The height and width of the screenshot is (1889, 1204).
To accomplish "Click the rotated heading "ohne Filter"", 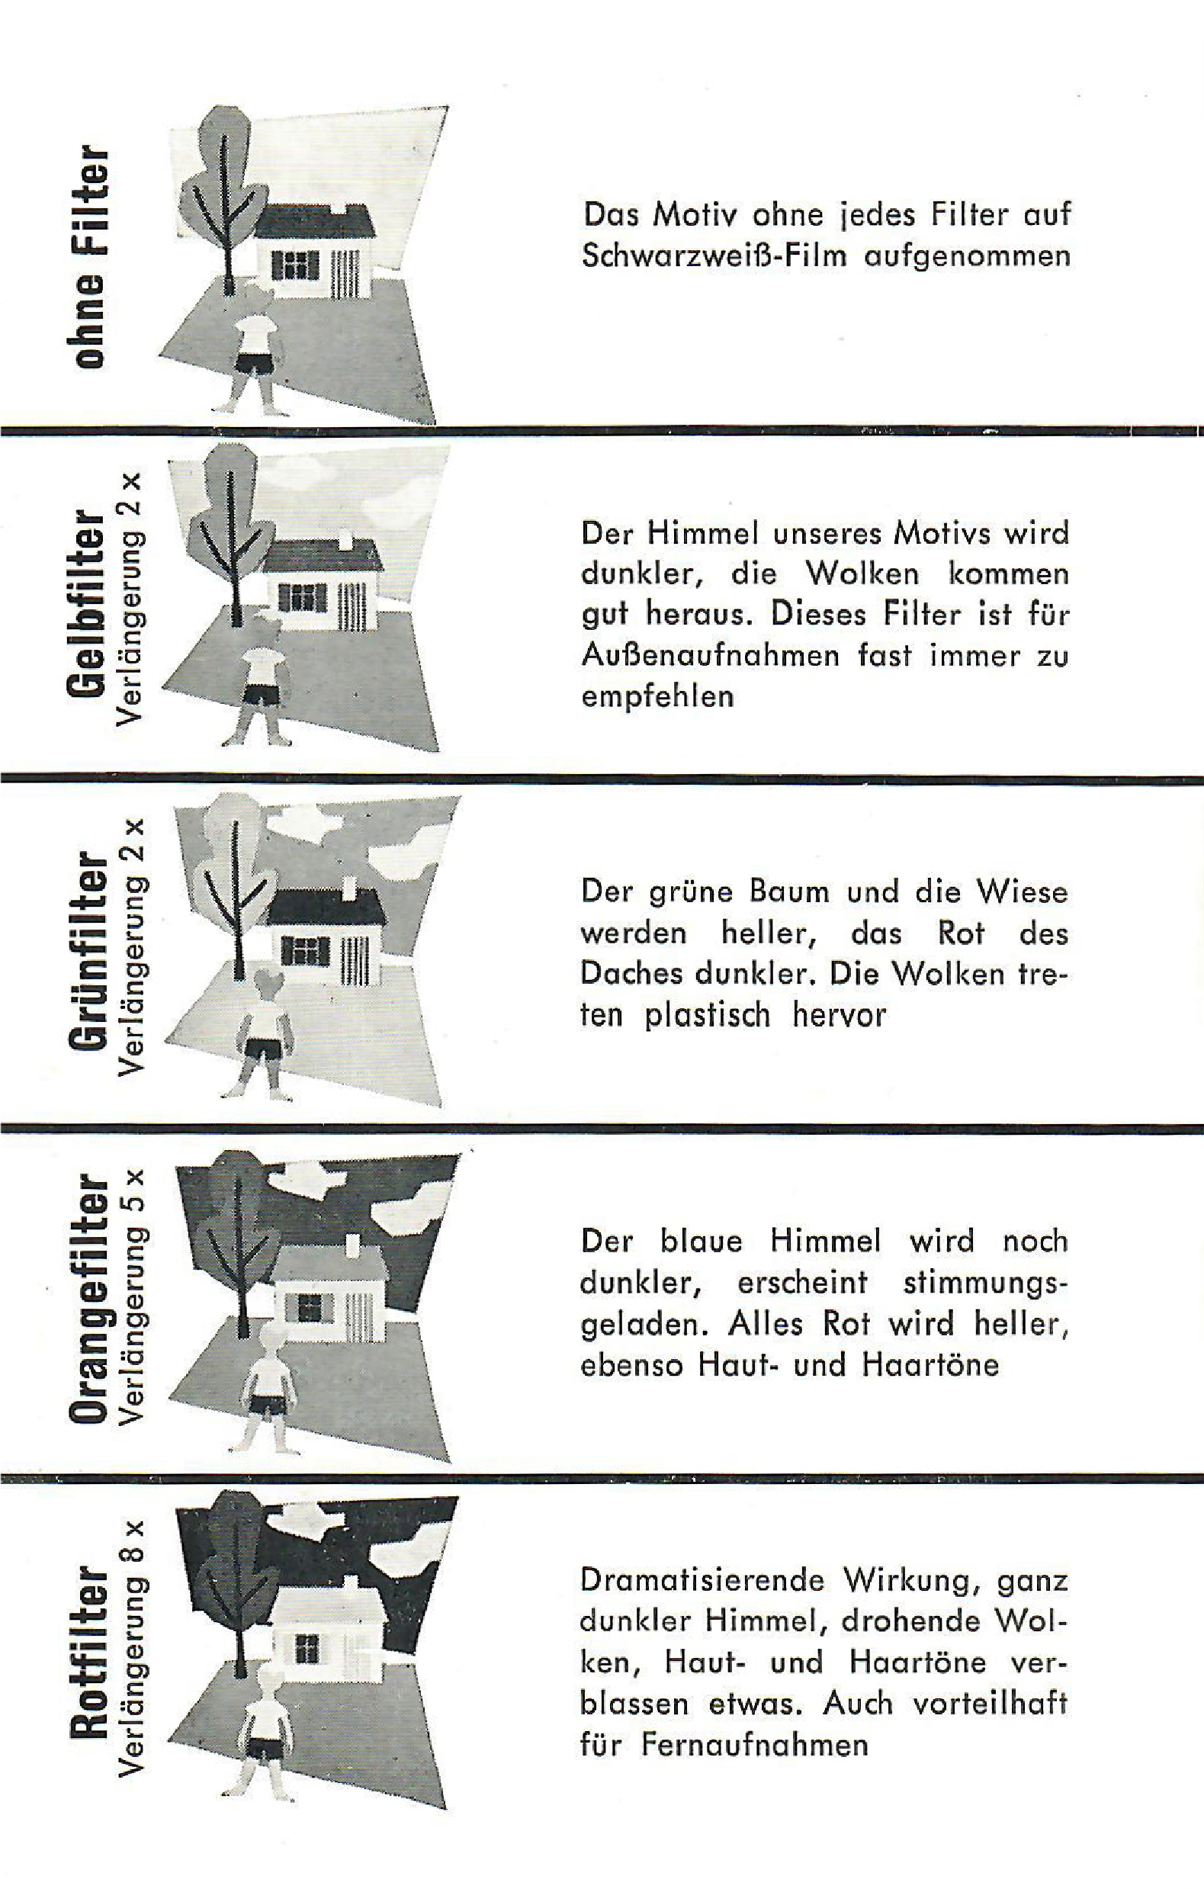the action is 88,255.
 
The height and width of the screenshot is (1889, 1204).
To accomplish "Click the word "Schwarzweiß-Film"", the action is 714,256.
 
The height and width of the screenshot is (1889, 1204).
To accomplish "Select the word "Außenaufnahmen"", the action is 710,654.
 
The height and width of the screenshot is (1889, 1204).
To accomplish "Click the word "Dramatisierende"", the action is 703,1579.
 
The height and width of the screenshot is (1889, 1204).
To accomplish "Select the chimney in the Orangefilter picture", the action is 352,1244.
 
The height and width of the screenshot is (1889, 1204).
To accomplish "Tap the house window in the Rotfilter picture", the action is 307,1645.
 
